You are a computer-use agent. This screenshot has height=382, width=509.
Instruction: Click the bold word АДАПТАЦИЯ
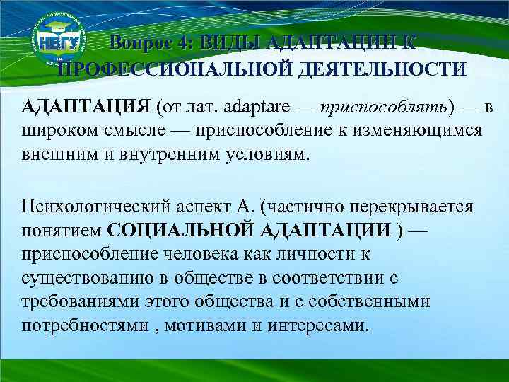(x=86, y=107)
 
